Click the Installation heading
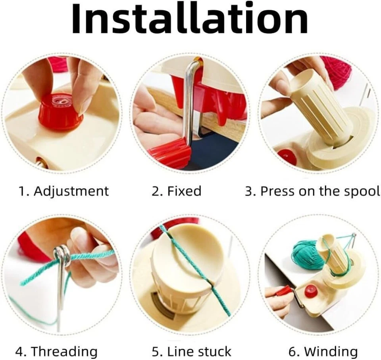point(190,19)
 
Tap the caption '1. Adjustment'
point(63,191)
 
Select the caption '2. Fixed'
point(177,191)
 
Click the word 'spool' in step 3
point(364,192)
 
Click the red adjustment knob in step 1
point(61,109)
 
